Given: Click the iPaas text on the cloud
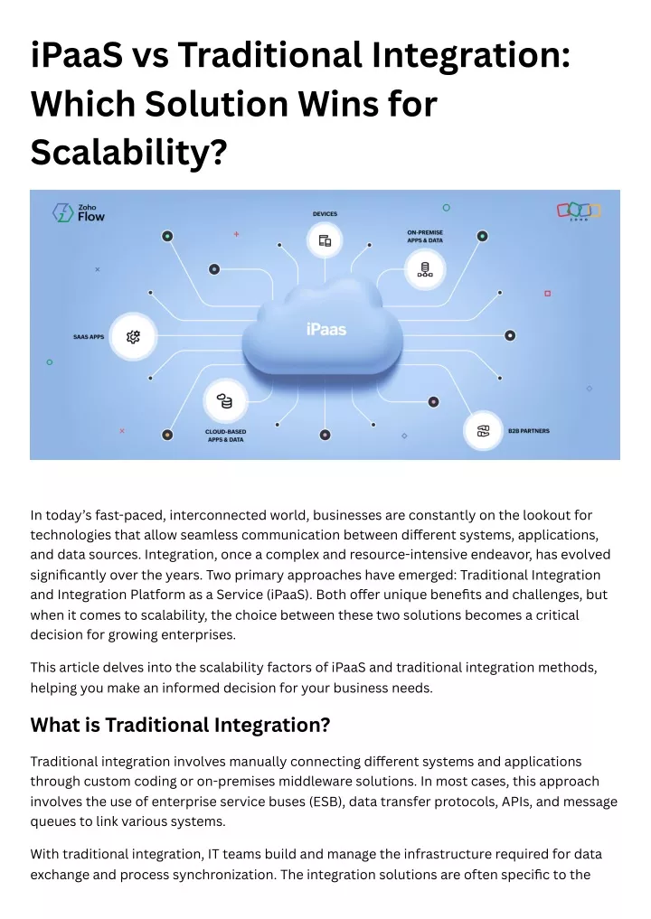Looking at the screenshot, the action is coord(326,330).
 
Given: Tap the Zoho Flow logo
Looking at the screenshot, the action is coord(79,212).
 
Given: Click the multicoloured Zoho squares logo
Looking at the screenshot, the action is coord(579,211).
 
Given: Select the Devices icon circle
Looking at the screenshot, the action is coord(325,240).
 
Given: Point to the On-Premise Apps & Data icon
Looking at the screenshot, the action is coord(425,269).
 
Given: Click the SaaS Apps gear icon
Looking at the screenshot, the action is coord(133,336).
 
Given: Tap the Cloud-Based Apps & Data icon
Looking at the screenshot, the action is coord(224,401).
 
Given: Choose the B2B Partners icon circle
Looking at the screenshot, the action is coord(483,431).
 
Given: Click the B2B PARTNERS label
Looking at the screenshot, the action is coord(529,431).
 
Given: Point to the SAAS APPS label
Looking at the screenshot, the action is coord(89,337).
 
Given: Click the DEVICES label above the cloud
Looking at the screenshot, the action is coord(325,214).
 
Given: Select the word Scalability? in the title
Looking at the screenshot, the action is coord(128,153).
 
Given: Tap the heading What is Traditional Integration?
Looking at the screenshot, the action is coord(180,725).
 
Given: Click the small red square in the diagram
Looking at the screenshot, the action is coord(548,293).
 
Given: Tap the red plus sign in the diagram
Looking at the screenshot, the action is coord(236,234).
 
